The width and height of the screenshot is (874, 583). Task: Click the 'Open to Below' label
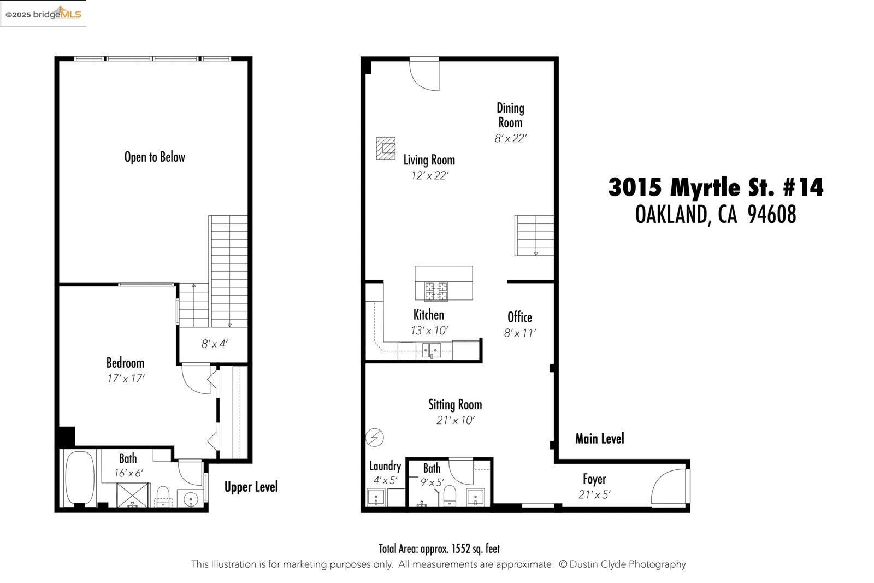(155, 157)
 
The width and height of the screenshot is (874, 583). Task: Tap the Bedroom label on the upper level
(125, 363)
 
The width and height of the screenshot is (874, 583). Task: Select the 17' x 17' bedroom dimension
(126, 378)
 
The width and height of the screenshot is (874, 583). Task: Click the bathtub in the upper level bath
(80, 478)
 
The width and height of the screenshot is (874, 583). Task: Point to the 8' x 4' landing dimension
(214, 344)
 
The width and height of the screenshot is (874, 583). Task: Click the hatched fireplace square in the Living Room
(386, 148)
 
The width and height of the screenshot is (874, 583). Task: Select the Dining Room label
(510, 115)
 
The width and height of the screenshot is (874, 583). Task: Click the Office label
(519, 317)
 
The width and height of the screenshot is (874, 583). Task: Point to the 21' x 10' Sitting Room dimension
(455, 420)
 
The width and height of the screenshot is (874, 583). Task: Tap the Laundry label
(385, 466)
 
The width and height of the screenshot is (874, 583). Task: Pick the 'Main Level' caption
(599, 438)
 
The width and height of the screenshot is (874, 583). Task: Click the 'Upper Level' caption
(251, 487)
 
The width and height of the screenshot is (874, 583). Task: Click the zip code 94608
(771, 215)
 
